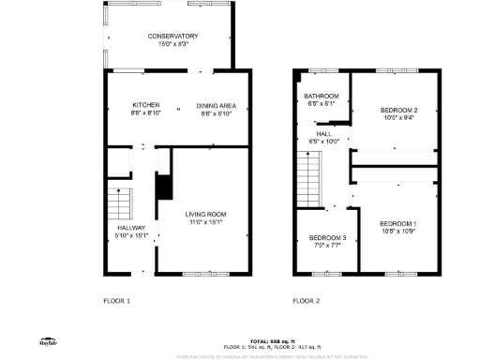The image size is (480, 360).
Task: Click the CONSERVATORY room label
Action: pyautogui.click(x=172, y=36)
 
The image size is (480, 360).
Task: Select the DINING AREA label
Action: pyautogui.click(x=214, y=104)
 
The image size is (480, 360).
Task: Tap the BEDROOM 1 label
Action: pyautogui.click(x=398, y=223)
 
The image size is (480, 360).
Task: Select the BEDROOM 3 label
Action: pyautogui.click(x=328, y=238)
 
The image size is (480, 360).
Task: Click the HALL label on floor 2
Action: pyautogui.click(x=323, y=134)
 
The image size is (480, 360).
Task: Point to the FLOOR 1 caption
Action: pyautogui.click(x=116, y=301)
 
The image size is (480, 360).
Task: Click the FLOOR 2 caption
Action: pyautogui.click(x=306, y=301)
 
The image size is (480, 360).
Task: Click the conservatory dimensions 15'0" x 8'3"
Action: pyautogui.click(x=172, y=43)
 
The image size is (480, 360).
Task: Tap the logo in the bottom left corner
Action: pyautogui.click(x=44, y=342)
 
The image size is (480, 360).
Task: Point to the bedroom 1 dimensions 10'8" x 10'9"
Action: pyautogui.click(x=398, y=231)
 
